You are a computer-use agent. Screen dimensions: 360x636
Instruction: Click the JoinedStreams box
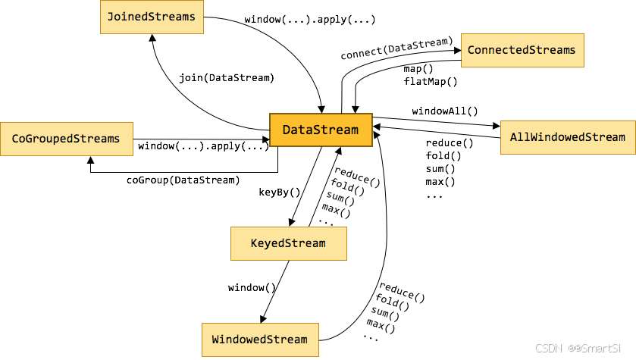pos(152,17)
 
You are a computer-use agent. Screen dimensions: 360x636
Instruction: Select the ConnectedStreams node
pos(522,51)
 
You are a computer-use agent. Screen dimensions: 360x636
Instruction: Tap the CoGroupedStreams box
pos(66,139)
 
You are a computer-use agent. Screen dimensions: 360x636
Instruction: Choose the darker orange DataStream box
pos(321,130)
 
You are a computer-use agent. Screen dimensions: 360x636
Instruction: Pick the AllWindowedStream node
pos(568,137)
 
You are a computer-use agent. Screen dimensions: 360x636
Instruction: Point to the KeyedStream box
pos(288,243)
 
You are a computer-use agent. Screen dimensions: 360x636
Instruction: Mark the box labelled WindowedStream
pos(260,340)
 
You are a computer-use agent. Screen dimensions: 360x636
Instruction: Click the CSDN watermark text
pos(547,348)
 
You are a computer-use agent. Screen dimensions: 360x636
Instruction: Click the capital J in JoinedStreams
pos(111,17)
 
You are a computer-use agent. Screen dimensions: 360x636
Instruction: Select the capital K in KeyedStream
pos(254,243)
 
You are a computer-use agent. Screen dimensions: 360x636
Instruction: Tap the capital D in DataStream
pos(287,130)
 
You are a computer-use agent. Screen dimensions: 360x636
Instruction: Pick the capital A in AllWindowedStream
pos(513,137)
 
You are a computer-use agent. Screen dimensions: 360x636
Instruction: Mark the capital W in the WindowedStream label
pos(215,340)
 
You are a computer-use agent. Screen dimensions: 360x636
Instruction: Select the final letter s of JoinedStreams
pos(192,17)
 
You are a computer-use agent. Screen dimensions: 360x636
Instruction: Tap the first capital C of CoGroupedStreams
pos(15,139)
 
